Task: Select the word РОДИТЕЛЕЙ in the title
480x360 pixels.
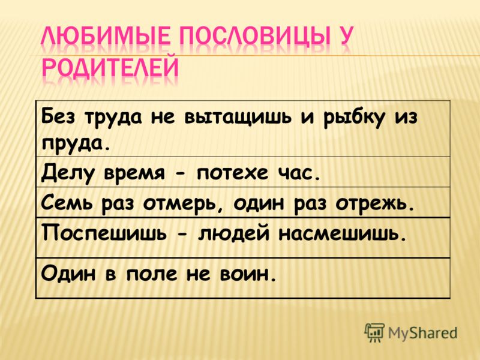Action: pyautogui.click(x=110, y=67)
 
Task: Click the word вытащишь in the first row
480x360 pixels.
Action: pyautogui.click(x=237, y=118)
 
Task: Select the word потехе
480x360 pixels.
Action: pyautogui.click(x=232, y=173)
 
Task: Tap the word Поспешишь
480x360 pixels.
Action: pyautogui.click(x=104, y=235)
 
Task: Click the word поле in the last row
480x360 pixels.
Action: pyautogui.click(x=151, y=273)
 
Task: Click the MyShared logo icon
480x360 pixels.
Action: pyautogui.click(x=374, y=332)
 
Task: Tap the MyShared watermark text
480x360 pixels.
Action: pyautogui.click(x=422, y=333)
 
